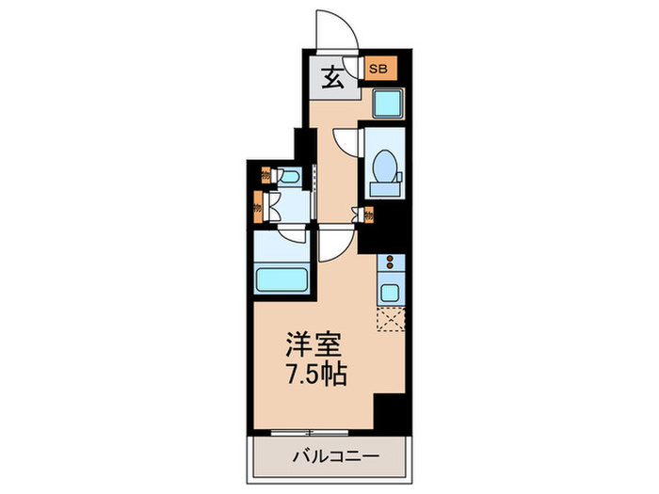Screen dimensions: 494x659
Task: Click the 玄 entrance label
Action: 335,78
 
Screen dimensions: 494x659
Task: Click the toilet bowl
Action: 386,167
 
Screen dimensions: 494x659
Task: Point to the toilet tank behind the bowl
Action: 386,190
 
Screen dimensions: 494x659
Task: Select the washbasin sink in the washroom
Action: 290,177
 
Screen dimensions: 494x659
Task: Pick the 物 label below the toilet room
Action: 368,215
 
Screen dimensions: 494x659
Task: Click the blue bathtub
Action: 282,279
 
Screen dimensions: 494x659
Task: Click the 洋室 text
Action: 311,345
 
